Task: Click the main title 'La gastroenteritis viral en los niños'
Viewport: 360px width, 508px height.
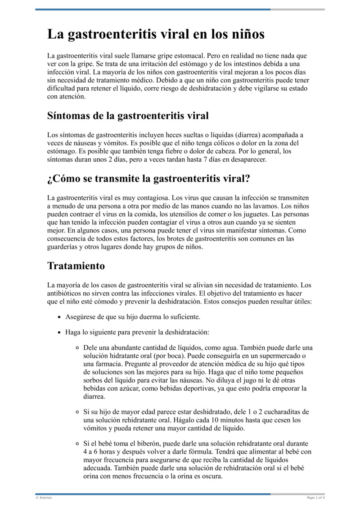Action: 156,35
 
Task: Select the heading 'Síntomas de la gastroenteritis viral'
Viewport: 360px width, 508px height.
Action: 128,116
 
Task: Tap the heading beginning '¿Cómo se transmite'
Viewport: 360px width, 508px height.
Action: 148,179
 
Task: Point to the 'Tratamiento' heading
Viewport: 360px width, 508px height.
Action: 76,266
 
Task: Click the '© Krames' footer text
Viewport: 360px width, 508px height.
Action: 44,498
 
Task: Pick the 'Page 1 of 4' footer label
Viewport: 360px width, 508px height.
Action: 315,498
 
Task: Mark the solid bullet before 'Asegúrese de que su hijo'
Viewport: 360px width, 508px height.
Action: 59,317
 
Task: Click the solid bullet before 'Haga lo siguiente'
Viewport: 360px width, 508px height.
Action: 59,333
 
